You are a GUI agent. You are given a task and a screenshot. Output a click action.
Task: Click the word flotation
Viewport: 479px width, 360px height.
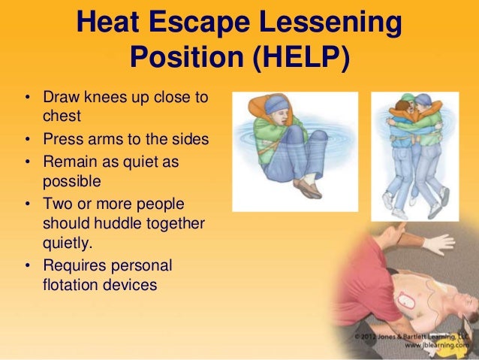coord(75,285)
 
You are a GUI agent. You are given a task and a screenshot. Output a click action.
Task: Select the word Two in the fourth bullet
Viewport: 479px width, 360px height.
coord(58,204)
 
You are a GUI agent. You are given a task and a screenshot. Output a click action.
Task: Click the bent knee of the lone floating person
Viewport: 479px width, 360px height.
coord(318,139)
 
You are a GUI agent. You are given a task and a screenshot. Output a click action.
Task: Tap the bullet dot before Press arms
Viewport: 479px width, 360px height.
coord(26,142)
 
